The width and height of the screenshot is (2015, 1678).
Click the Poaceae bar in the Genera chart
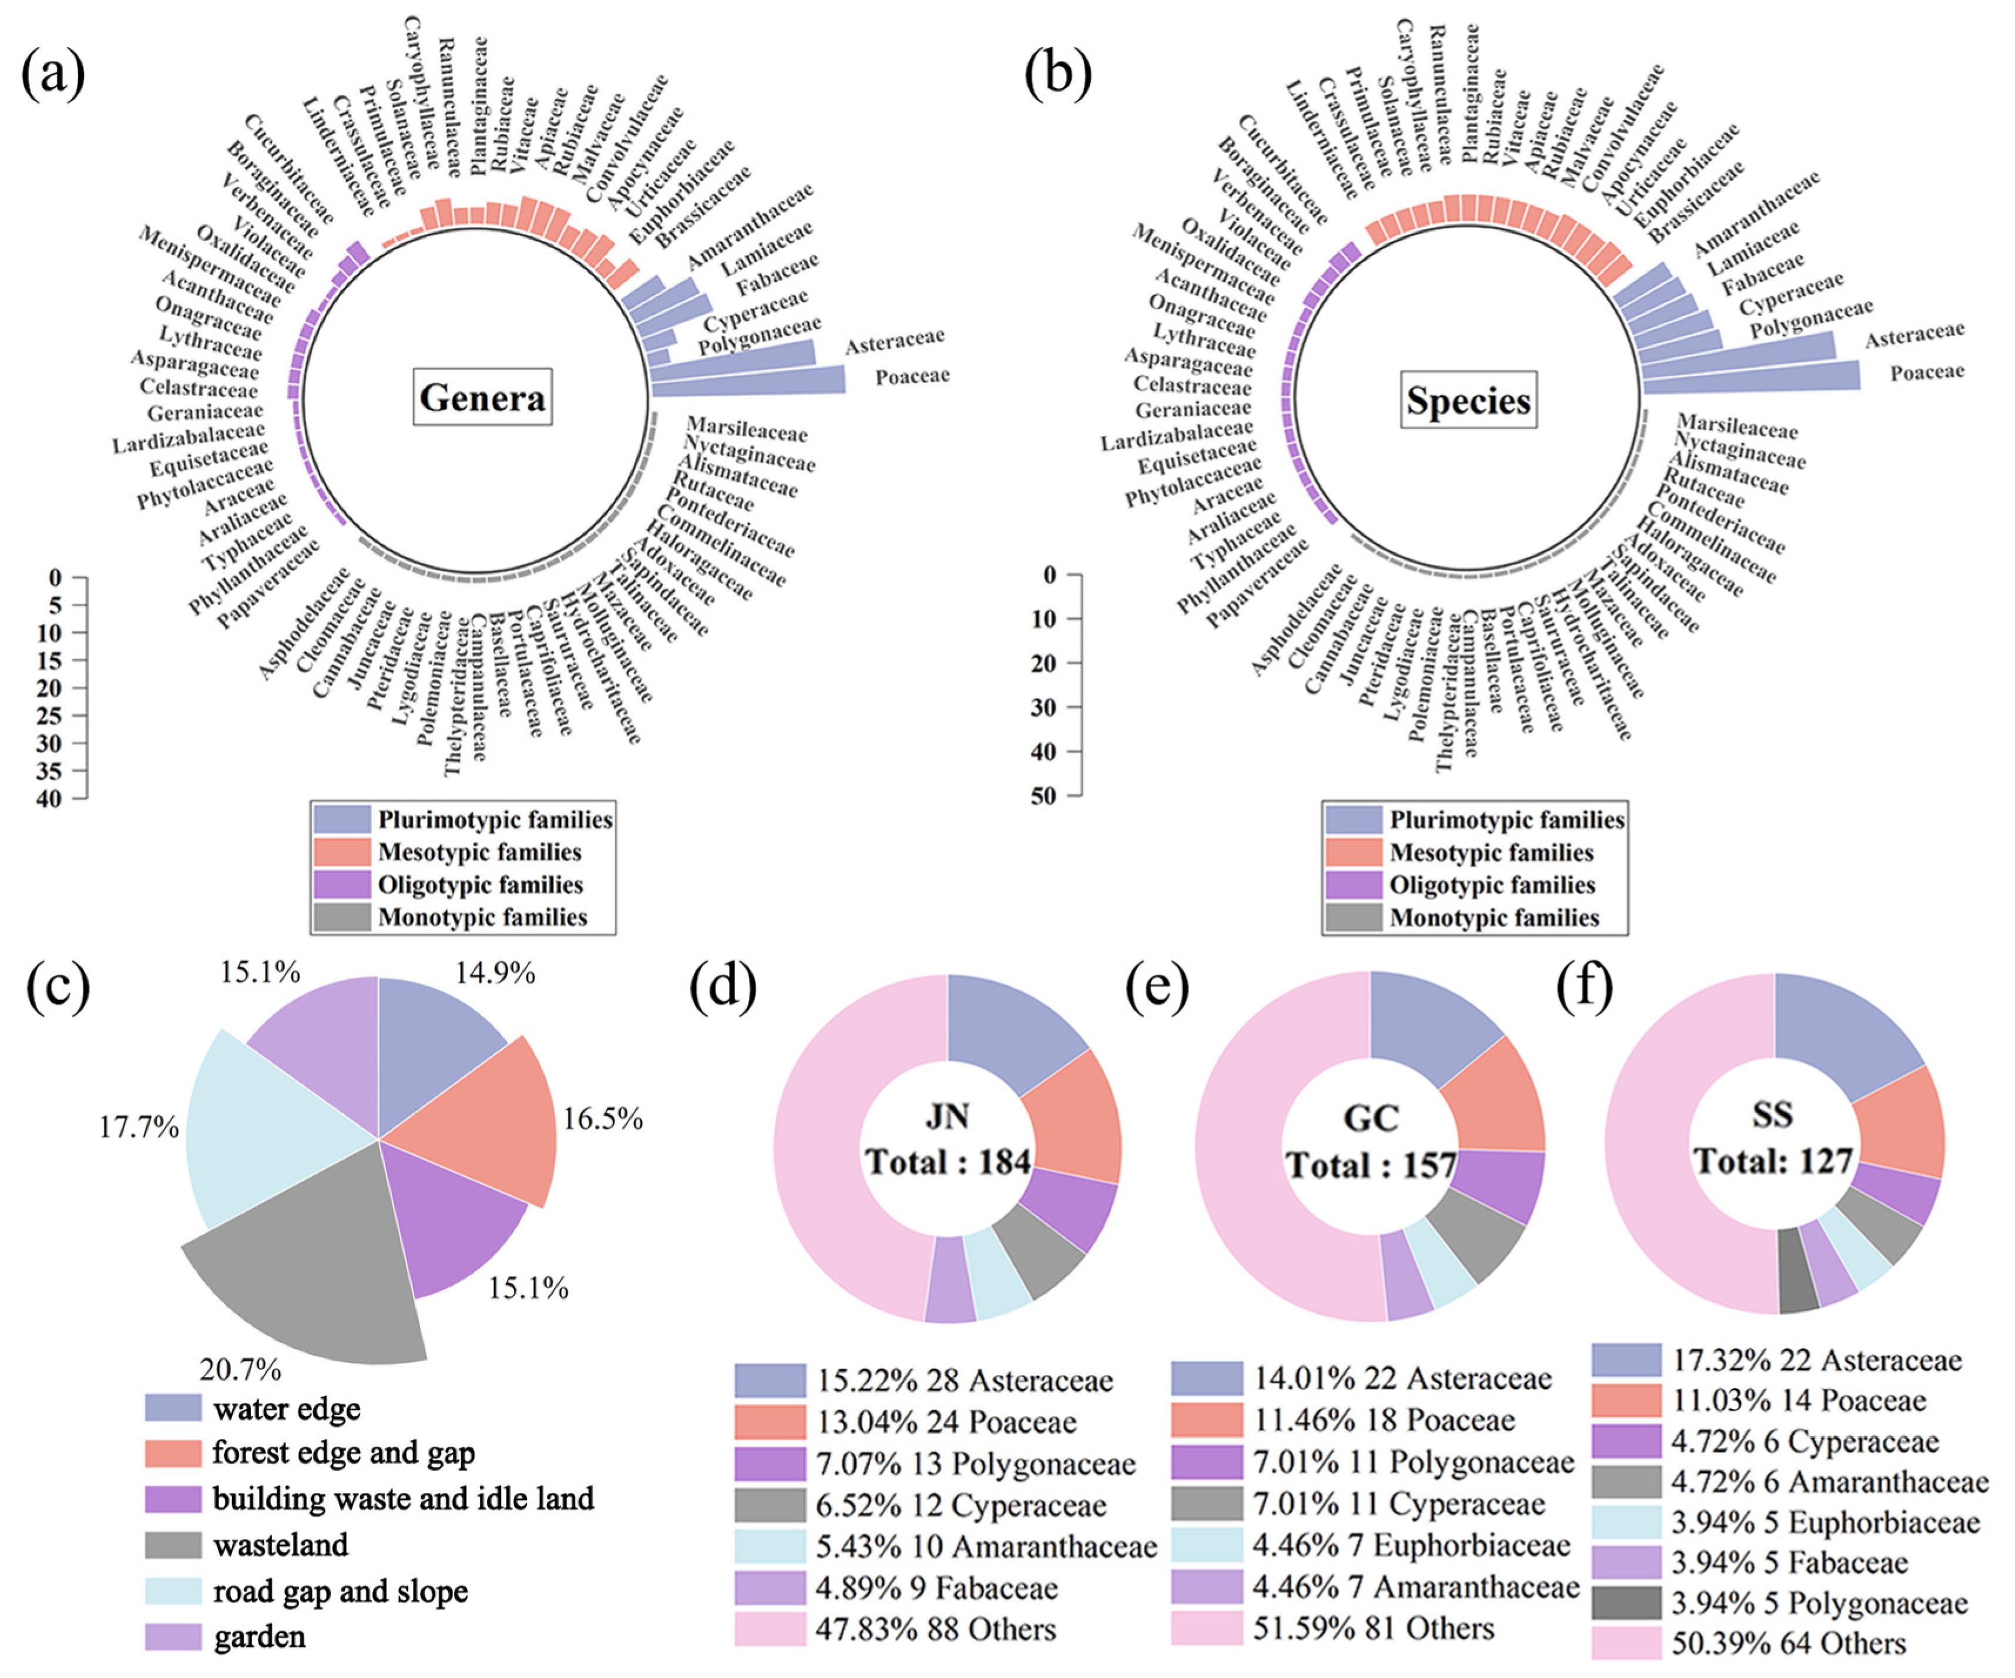pyautogui.click(x=748, y=380)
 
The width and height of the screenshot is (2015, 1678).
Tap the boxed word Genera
pyautogui.click(x=483, y=396)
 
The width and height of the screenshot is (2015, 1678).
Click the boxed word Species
pyautogui.click(x=1468, y=400)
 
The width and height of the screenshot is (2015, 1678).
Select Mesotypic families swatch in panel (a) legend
pyautogui.click(x=341, y=852)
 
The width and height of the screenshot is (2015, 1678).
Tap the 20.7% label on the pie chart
pyautogui.click(x=240, y=1369)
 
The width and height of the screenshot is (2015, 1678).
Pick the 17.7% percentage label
pyautogui.click(x=139, y=1126)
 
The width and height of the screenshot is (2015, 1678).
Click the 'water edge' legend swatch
pyautogui.click(x=174, y=1408)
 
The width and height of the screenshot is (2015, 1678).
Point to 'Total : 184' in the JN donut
pyautogui.click(x=948, y=1162)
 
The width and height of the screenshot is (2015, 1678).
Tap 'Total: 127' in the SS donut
pyautogui.click(x=1772, y=1161)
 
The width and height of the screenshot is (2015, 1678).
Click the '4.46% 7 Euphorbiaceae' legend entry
pyautogui.click(x=1410, y=1546)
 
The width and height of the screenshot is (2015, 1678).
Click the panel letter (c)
pyautogui.click(x=58, y=986)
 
